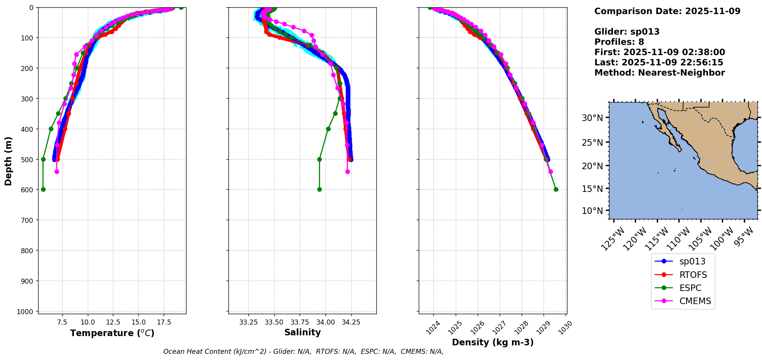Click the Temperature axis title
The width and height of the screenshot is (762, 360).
tap(112, 333)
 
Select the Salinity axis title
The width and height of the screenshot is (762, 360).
tap(302, 332)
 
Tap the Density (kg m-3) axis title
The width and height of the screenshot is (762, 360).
tap(493, 342)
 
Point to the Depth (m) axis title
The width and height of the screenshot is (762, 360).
tap(8, 161)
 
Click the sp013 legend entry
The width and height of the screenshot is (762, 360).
tap(692, 261)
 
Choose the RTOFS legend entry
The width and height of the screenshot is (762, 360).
tap(693, 275)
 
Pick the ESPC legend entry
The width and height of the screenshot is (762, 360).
tap(690, 288)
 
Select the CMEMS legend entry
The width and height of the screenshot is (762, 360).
tap(695, 301)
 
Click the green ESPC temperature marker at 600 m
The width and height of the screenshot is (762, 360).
tap(43, 189)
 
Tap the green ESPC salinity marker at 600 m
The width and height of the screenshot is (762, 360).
tap(319, 189)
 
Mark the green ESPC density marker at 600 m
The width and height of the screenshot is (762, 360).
tap(556, 189)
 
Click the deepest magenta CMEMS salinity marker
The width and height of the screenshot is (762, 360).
tap(347, 172)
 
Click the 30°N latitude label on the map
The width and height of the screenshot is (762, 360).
tap(592, 118)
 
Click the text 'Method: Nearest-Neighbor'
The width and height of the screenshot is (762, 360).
tap(660, 73)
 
